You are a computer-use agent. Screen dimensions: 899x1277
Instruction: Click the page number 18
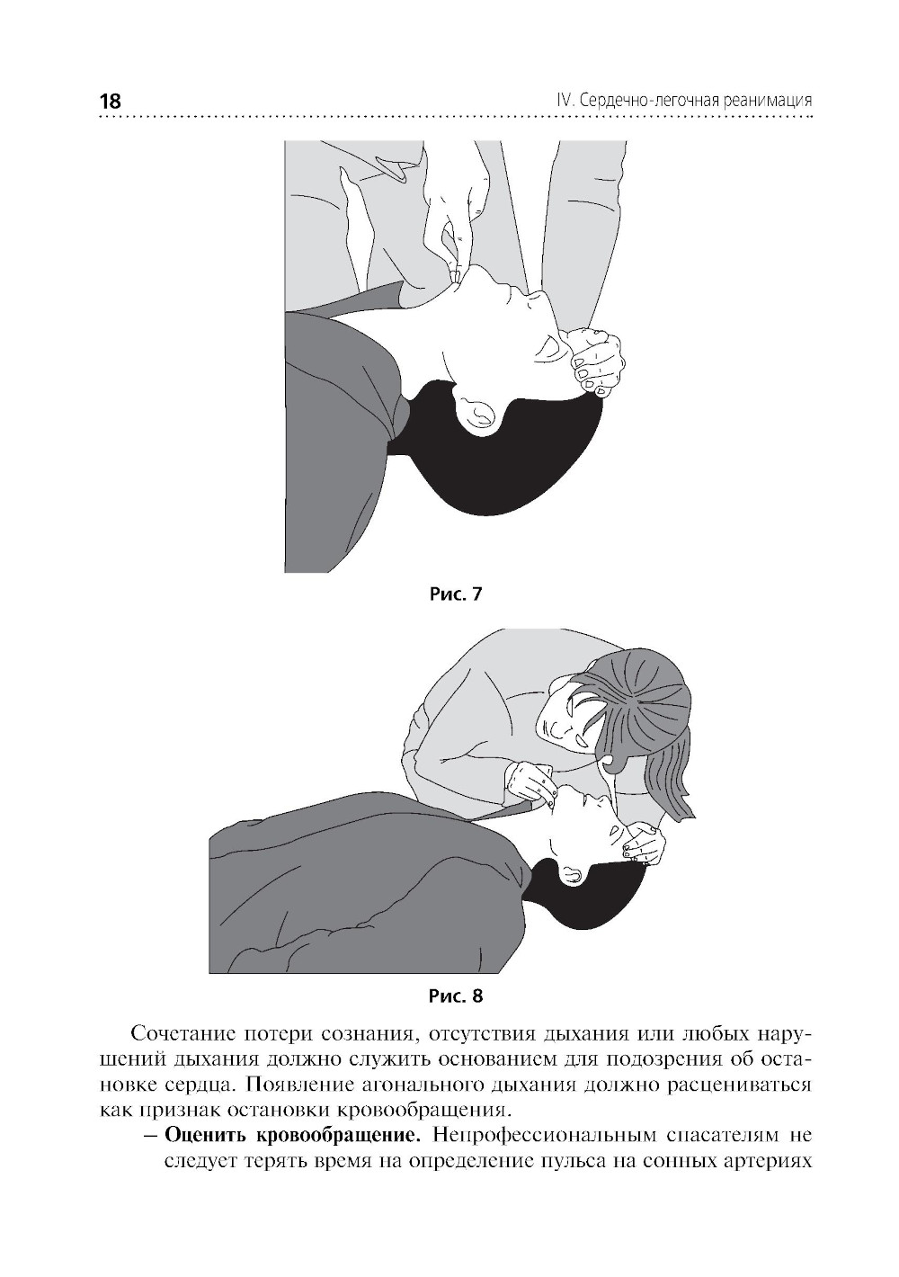pos(111,102)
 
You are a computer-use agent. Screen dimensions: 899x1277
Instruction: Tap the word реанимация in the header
pos(767,102)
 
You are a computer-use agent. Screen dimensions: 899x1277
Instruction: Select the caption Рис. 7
pos(455,594)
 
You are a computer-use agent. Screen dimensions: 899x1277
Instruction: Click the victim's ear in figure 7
pos(479,415)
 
